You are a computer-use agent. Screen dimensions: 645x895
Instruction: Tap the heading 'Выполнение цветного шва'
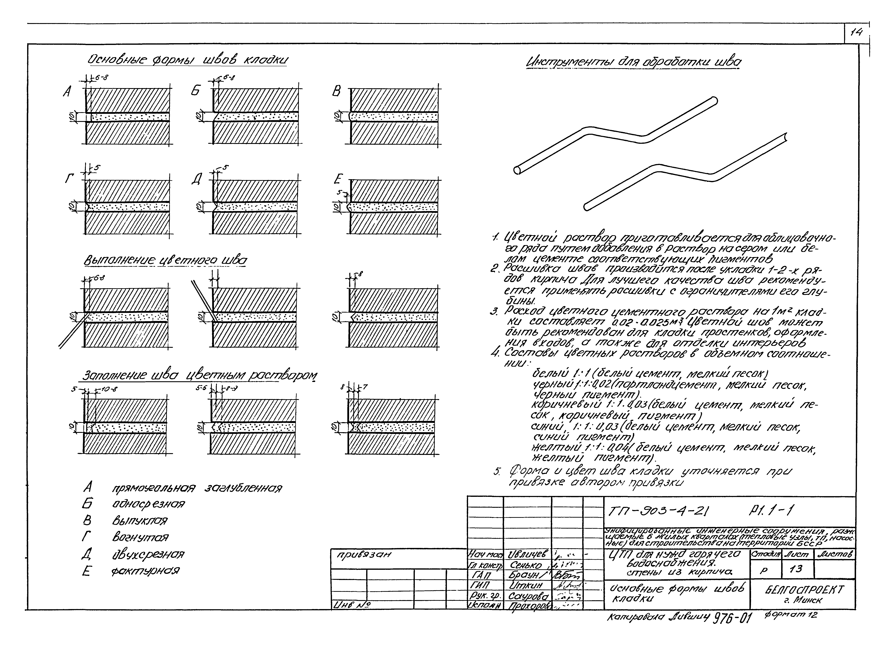(x=166, y=261)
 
